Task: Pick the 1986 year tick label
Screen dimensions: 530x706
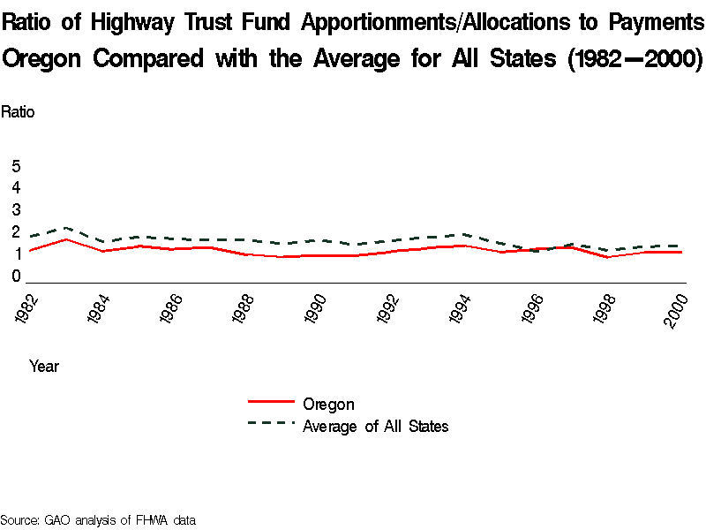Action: [170, 309]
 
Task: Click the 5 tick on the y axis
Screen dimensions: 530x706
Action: [16, 166]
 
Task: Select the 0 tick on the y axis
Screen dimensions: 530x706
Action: [16, 276]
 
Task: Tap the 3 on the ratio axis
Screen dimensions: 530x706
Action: [16, 210]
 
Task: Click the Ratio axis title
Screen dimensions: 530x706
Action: [18, 112]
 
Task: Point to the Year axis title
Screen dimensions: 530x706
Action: [44, 366]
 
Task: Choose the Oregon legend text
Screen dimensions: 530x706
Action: [328, 405]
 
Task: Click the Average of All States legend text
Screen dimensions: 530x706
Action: [376, 427]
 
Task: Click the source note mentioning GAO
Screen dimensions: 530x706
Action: [97, 519]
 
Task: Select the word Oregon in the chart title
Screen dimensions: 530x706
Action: [43, 59]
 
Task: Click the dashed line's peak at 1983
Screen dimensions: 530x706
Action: [67, 227]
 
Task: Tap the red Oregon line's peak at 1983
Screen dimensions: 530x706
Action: [67, 239]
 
